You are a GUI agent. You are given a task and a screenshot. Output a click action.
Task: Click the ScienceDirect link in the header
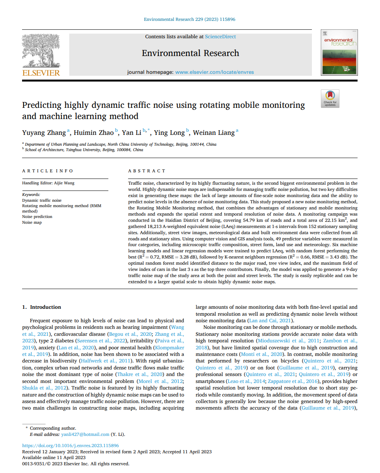[x=220, y=37]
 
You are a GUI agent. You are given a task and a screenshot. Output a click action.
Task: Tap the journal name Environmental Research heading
[x=190, y=53]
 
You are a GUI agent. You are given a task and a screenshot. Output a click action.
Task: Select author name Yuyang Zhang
[x=44, y=133]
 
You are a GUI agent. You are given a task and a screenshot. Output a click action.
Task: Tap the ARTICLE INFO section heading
[x=48, y=171]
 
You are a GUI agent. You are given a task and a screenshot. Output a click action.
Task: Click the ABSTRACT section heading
[x=147, y=171]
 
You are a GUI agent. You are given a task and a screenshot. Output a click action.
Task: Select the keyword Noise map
[x=32, y=222]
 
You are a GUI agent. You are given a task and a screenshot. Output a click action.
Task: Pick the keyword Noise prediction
[x=37, y=217]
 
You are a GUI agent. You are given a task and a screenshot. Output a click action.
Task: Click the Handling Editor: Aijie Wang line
[x=48, y=183]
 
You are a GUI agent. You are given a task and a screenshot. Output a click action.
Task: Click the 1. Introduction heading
[x=41, y=307]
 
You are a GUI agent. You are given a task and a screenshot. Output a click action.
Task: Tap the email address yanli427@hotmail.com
[x=85, y=434]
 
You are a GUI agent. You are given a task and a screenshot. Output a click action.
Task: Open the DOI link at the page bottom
[x=70, y=446]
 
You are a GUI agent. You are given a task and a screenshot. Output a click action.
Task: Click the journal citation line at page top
[x=190, y=19]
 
